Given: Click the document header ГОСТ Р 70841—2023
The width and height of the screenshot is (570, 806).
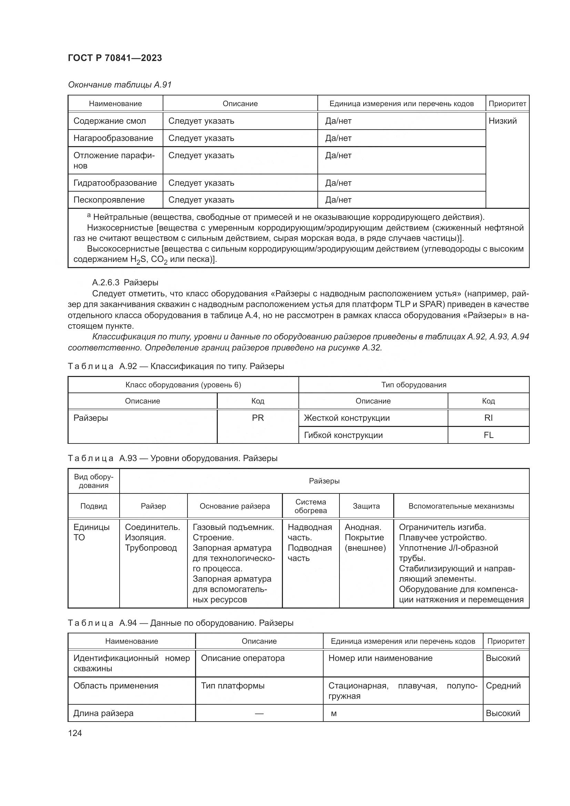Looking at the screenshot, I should [x=115, y=58].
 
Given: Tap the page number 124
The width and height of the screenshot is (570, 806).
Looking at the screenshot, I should [x=75, y=733].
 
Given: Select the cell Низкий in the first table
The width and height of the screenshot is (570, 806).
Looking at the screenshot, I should [x=502, y=121].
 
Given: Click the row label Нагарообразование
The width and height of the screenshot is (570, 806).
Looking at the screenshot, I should [x=113, y=138].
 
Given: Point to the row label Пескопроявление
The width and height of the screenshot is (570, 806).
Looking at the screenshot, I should [x=109, y=200].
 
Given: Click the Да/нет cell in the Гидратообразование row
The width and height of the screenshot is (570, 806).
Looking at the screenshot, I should [x=338, y=183].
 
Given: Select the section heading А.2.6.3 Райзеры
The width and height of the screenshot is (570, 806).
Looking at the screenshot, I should [x=125, y=282].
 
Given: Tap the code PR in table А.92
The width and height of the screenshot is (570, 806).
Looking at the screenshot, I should [x=258, y=418].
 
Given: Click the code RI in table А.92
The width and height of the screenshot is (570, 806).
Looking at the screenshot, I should [x=488, y=418].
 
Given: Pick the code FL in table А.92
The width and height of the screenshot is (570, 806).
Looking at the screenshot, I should [x=488, y=435].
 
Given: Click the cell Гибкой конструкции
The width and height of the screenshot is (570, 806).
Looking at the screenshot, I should [x=343, y=435].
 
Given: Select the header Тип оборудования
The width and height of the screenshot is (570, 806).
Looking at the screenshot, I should [x=414, y=385].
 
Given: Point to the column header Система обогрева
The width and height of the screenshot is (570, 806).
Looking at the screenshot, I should [x=310, y=506].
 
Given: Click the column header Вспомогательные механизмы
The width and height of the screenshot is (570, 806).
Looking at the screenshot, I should [x=461, y=506].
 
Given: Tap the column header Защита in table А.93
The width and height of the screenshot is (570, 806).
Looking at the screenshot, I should [x=366, y=506].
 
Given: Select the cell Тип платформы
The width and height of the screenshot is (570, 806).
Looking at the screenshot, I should [x=232, y=686].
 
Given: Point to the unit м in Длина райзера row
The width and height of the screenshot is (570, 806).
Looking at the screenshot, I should [x=334, y=713].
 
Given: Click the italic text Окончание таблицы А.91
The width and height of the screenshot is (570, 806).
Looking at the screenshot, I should [x=120, y=85].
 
